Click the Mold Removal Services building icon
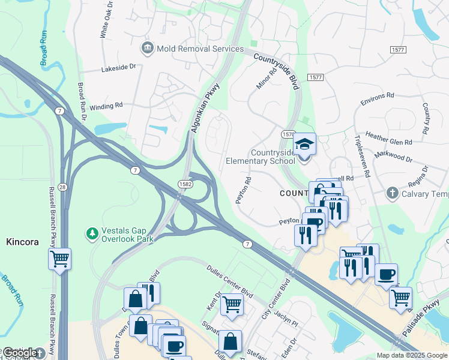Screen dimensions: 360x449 [x=147, y=48]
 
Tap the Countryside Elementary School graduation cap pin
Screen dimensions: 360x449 [x=304, y=145]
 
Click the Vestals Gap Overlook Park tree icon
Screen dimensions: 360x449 [x=92, y=233]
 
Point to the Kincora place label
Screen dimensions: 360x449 [x=22, y=242]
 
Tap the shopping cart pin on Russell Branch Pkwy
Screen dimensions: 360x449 [x=59, y=259]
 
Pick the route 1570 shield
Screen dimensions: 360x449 [x=289, y=134]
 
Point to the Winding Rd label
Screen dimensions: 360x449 [x=106, y=106]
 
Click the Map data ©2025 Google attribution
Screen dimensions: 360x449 [x=411, y=355]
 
